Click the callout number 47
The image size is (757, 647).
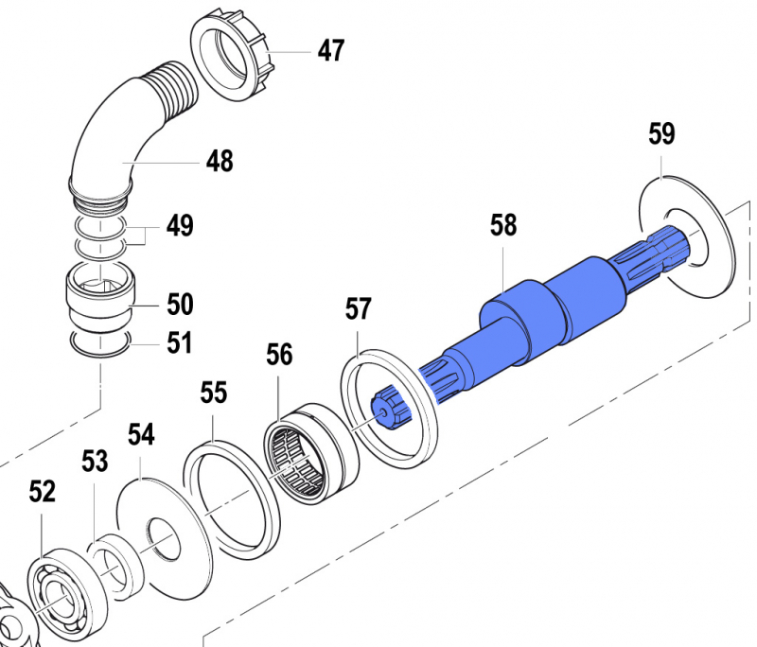(330, 50)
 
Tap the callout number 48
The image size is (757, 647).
(220, 162)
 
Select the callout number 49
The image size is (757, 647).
(180, 226)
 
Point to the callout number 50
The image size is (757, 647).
(180, 305)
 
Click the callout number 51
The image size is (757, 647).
(180, 342)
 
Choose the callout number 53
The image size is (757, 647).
(95, 462)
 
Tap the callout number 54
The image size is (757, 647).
(141, 434)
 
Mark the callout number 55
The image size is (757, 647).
(215, 393)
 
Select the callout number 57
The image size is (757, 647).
(359, 308)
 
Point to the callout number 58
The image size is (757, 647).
(503, 225)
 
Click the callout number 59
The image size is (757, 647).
(661, 134)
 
